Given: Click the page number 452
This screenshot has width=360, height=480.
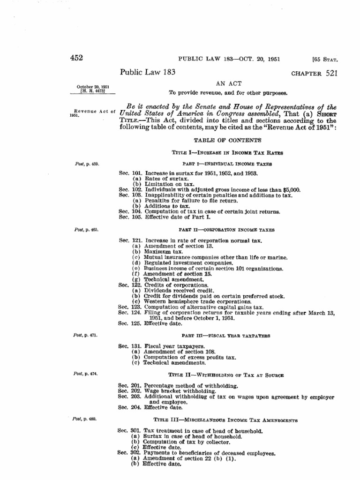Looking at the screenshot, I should point(75,58).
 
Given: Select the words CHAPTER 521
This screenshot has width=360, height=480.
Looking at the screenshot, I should point(314,74).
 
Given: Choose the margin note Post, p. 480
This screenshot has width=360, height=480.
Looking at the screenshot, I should point(86,418).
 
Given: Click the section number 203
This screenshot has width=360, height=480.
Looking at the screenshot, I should point(137,396).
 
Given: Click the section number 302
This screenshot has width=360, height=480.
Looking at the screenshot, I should point(137,453).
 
